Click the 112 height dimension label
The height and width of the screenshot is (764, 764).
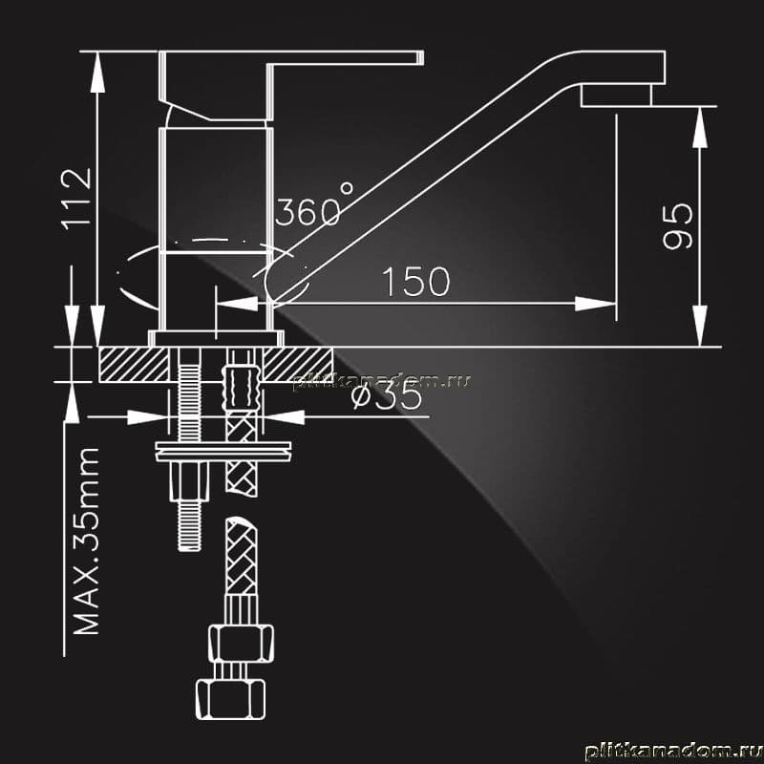[76, 199]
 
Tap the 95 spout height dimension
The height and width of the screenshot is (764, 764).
[677, 226]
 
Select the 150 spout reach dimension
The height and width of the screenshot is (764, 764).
[415, 282]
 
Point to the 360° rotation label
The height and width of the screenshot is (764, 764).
[314, 205]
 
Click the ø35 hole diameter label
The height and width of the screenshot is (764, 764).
[387, 396]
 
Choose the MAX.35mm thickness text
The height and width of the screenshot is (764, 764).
[86, 541]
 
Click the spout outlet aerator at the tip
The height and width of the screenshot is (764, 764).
[616, 95]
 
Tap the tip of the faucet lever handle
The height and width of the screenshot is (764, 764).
[422, 57]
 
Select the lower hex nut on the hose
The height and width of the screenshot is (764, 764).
[230, 700]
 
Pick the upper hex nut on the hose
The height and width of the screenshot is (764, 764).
[241, 643]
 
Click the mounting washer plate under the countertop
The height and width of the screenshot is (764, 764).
[223, 451]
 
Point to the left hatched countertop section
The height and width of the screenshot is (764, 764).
[134, 364]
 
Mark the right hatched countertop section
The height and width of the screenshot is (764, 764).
[298, 364]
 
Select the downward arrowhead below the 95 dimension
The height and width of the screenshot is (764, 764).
[700, 326]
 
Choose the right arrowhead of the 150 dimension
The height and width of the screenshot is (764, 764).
[595, 304]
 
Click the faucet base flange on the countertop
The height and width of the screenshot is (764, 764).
[216, 338]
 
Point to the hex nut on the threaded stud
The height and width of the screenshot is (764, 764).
[189, 481]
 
